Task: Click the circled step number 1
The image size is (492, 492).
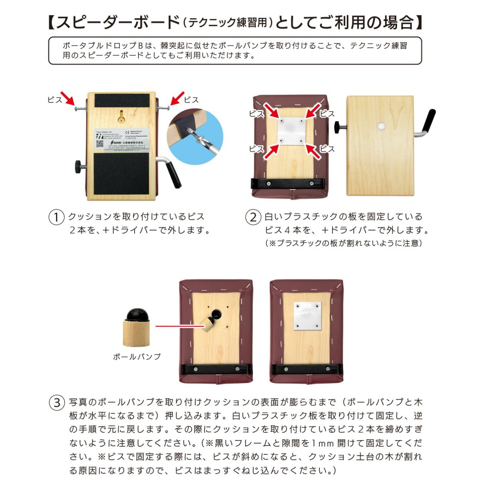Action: click(56, 217)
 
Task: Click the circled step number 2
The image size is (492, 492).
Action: click(253, 217)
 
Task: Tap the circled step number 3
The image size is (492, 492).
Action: click(57, 402)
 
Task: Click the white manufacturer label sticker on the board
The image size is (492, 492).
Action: click(121, 140)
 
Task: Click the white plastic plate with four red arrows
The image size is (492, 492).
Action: click(291, 131)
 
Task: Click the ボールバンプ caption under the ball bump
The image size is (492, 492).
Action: click(136, 357)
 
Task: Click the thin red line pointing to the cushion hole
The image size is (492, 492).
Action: click(179, 326)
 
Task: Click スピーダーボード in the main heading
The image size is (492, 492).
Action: click(118, 23)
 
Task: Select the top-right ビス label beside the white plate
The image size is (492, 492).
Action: click(327, 114)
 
